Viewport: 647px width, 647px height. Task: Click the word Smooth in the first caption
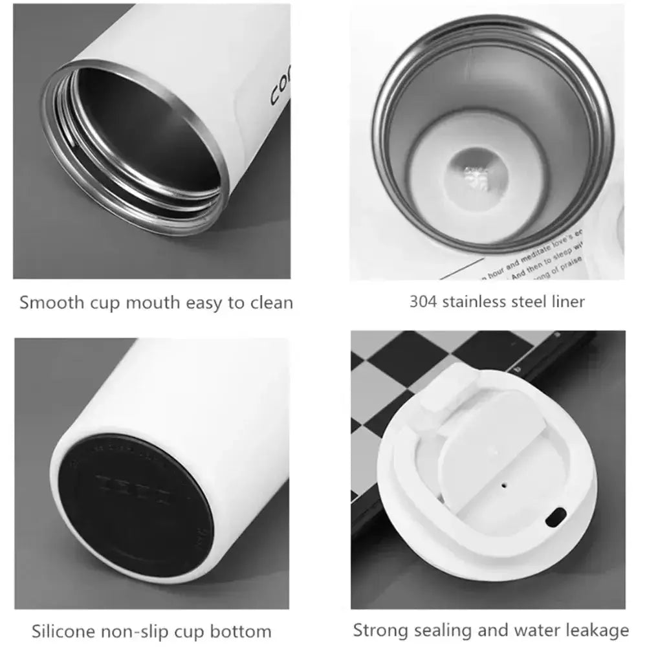47,302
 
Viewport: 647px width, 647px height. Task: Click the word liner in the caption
566,301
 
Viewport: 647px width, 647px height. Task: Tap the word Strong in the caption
381,630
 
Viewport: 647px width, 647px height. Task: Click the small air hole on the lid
503,483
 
